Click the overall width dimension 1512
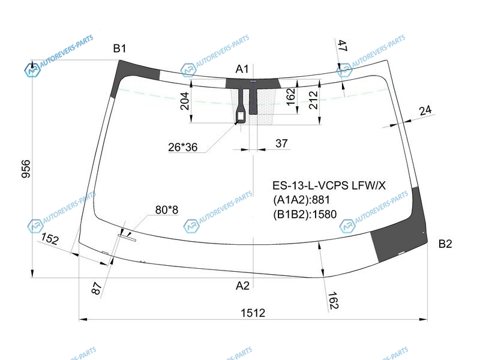click(253, 313)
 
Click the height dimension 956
click(26, 169)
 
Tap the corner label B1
click(119, 49)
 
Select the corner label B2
click(445, 244)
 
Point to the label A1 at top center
click(242, 69)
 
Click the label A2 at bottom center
click(242, 286)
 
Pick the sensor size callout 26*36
click(183, 147)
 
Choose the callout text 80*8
click(167, 210)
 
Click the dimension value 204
click(185, 101)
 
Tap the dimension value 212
click(314, 99)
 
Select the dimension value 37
click(281, 143)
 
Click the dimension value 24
click(425, 110)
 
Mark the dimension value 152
click(50, 239)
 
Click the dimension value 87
click(97, 289)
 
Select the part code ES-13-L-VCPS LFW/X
click(329, 185)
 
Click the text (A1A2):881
click(302, 200)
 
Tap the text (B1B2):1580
click(305, 214)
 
